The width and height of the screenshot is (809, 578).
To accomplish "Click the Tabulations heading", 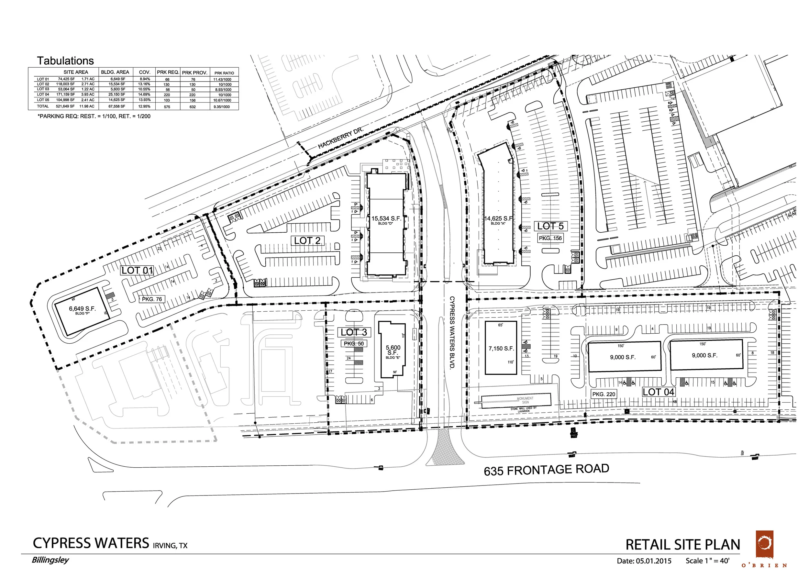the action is (x=65, y=61).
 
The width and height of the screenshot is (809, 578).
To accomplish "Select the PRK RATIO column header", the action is (x=224, y=73).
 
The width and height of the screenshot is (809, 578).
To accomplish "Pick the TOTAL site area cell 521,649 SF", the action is (x=65, y=106).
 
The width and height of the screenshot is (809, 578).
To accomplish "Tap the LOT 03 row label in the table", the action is (x=43, y=89).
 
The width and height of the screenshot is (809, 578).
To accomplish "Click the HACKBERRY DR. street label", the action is (x=341, y=138).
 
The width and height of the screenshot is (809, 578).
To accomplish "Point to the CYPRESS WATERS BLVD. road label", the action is (x=452, y=332).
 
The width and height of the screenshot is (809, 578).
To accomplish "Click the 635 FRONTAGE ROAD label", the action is (x=546, y=470).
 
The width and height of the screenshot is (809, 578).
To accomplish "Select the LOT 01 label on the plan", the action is (x=138, y=271).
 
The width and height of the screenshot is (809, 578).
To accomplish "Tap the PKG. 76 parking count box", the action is (x=152, y=299).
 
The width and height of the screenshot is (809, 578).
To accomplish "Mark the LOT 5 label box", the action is (x=550, y=226).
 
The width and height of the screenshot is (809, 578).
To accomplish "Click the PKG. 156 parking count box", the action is (x=550, y=238).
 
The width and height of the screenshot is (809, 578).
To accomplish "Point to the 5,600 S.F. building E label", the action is (x=393, y=350).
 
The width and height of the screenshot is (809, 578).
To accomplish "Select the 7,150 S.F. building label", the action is (x=501, y=349).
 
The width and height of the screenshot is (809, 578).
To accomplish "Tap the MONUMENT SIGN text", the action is (x=525, y=400).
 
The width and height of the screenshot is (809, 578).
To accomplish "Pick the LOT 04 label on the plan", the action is (x=659, y=392).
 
